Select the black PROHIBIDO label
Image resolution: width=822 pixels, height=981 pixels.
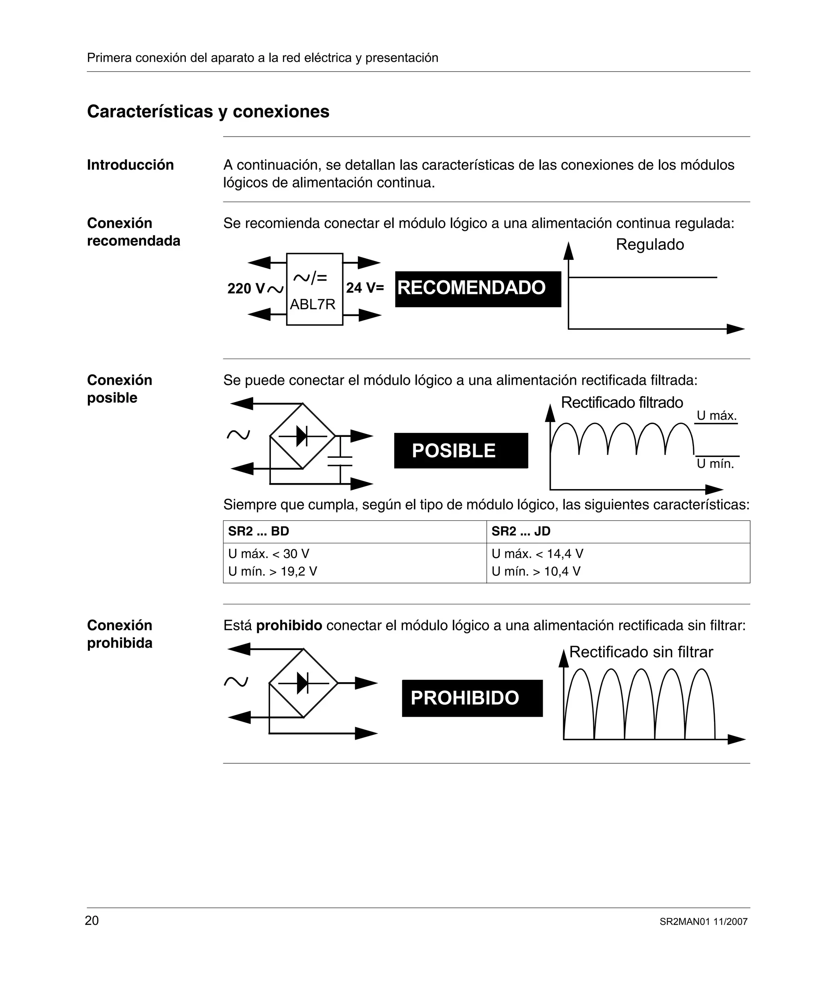pyautogui.click(x=472, y=698)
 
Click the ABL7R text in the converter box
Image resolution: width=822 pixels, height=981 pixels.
pyautogui.click(x=312, y=304)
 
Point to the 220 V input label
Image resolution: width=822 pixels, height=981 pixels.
pyautogui.click(x=254, y=288)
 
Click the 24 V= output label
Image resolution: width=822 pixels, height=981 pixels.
pyautogui.click(x=365, y=288)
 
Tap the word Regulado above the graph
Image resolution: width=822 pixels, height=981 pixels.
pyautogui.click(x=650, y=244)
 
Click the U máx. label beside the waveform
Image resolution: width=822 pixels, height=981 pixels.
pyautogui.click(x=716, y=415)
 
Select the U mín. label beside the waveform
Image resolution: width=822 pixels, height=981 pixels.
pyautogui.click(x=715, y=463)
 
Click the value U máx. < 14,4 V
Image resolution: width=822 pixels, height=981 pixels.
pyautogui.click(x=537, y=554)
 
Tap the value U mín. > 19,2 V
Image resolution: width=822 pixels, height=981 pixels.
pyautogui.click(x=272, y=571)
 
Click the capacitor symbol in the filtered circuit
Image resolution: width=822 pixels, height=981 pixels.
pyautogui.click(x=340, y=461)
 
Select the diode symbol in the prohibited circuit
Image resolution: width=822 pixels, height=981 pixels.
pyautogui.click(x=303, y=683)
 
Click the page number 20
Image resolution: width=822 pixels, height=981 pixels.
pyautogui.click(x=92, y=920)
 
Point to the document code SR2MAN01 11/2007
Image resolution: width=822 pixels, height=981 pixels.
pyautogui.click(x=703, y=922)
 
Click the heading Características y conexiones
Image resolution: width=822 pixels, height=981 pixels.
pyautogui.click(x=208, y=112)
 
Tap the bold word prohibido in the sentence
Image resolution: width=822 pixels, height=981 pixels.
pyautogui.click(x=289, y=625)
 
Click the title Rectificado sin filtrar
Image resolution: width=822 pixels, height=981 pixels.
pyautogui.click(x=641, y=652)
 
